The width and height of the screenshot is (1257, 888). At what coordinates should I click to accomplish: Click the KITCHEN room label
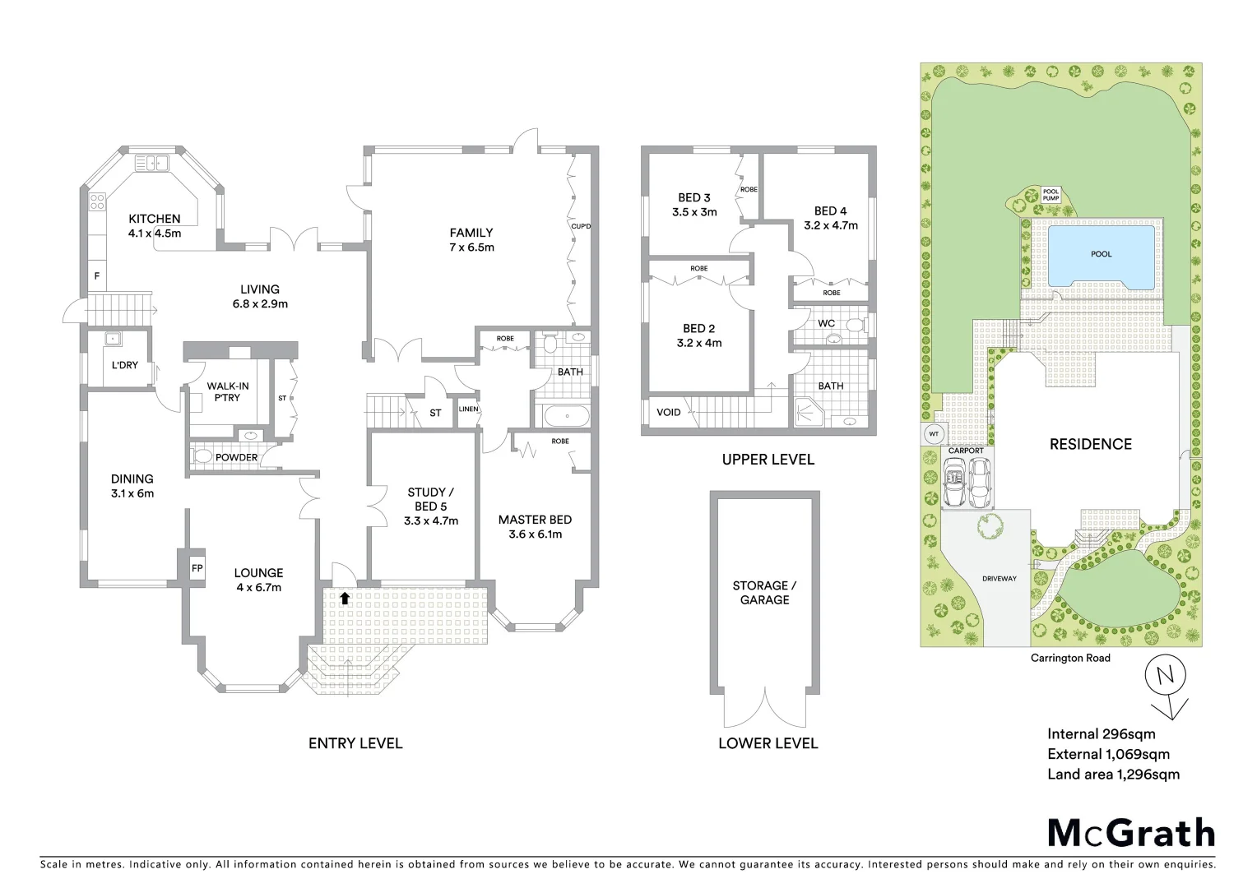pos(155,219)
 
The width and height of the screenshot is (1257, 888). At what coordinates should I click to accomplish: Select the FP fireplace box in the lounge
pos(197,568)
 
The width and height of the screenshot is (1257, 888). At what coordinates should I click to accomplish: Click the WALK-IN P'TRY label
pos(227,391)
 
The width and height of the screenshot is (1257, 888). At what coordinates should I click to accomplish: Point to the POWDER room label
pos(236,457)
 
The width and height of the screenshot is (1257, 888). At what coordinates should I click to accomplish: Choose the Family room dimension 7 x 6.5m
pos(471,247)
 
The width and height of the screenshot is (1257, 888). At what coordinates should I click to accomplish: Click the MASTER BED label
pos(535,520)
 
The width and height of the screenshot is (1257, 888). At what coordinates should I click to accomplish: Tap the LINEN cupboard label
pos(468,409)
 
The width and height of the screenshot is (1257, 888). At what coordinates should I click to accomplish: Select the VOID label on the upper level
pos(668,412)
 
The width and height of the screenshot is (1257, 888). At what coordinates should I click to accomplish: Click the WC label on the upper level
pos(826,323)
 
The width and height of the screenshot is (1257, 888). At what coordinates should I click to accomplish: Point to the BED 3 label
pos(694,197)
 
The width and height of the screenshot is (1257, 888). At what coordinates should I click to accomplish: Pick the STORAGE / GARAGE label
pos(764,593)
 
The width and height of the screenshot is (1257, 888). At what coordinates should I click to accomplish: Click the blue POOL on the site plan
pos(1101,255)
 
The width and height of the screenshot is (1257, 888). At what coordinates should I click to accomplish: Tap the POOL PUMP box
pos(1051,195)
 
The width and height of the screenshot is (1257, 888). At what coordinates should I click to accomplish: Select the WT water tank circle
pos(933,433)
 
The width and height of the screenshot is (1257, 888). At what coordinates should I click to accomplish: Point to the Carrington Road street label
pos(1070,658)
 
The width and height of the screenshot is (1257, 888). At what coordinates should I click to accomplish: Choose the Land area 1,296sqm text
pos(1113,774)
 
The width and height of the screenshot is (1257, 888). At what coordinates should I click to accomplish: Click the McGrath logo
pos(1130,833)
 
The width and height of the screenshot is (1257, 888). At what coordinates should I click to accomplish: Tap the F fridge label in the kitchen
pos(97,276)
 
